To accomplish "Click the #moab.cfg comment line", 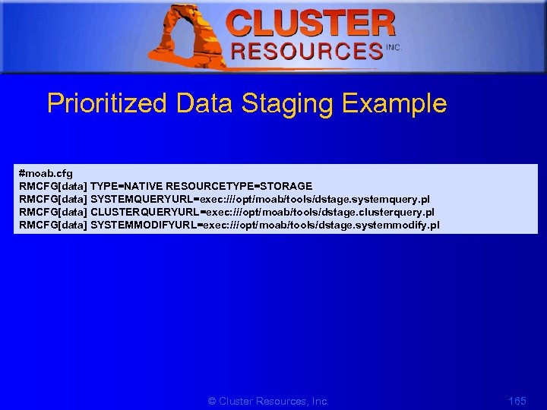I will (x=46, y=174).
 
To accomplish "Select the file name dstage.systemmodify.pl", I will (x=382, y=225).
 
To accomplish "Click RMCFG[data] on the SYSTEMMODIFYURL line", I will (x=53, y=225).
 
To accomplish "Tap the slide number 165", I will (x=517, y=400).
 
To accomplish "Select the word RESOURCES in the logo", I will (x=307, y=51).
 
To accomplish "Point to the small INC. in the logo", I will (x=394, y=47).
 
